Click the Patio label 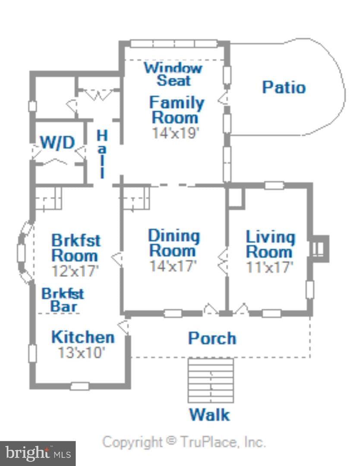284,87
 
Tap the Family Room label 177,110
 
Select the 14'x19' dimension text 175,133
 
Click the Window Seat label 174,74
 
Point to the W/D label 58,142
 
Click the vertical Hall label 102,154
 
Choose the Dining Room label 174,243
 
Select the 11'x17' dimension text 270,267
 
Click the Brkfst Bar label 63,300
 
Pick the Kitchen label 83,337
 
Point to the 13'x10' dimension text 82,353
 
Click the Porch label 212,338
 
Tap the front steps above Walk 211,381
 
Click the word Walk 210,414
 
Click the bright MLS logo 38,453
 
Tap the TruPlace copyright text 184,442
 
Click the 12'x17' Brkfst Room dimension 75,271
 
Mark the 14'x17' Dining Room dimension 173,266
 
